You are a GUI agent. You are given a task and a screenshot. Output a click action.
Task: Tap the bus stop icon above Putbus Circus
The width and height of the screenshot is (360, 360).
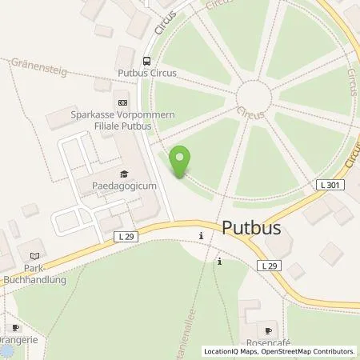[146, 60]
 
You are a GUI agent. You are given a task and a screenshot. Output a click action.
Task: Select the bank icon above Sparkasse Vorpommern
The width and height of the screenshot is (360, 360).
[122, 102]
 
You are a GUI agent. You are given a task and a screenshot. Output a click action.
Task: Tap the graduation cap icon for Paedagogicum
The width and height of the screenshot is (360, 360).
[123, 174]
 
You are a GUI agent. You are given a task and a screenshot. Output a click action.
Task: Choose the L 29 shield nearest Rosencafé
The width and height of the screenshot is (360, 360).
[270, 265]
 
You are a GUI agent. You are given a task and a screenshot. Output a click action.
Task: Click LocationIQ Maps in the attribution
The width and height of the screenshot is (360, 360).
[230, 351]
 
